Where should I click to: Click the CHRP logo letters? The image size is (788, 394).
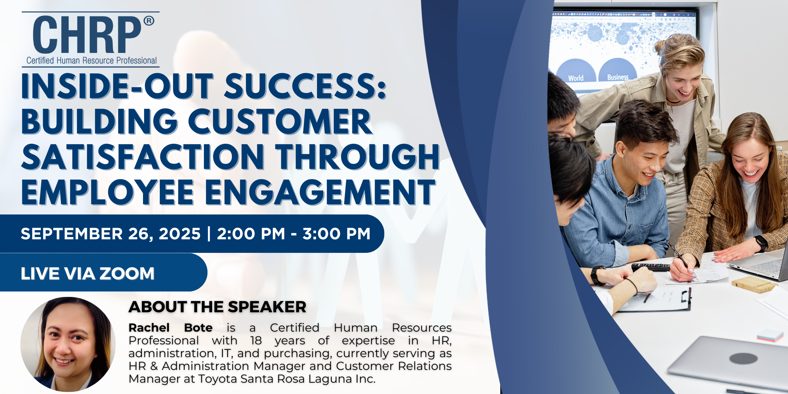pos(87,35)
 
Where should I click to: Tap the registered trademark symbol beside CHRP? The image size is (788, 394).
pos(148,21)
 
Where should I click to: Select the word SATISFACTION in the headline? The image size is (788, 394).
pos(143,157)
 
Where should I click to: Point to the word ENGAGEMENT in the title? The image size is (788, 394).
pos(320,192)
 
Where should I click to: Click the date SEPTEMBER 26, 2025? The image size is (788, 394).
pos(111,234)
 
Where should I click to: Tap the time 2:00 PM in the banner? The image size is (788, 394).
pos(251,234)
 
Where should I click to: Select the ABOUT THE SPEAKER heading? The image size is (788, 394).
pos(217,307)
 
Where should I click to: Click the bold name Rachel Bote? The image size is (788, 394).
pos(170,328)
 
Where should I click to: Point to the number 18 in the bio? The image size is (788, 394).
pos(256,340)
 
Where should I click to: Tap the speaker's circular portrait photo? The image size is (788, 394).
pos(68,344)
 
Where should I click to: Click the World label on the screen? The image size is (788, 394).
pos(576,78)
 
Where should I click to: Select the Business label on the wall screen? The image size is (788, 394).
pos(618,77)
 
